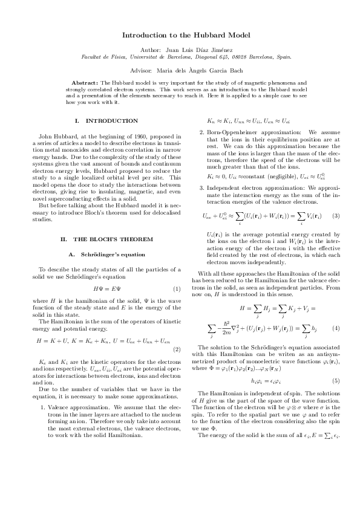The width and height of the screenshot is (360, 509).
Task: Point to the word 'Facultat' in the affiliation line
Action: click(91, 57)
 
